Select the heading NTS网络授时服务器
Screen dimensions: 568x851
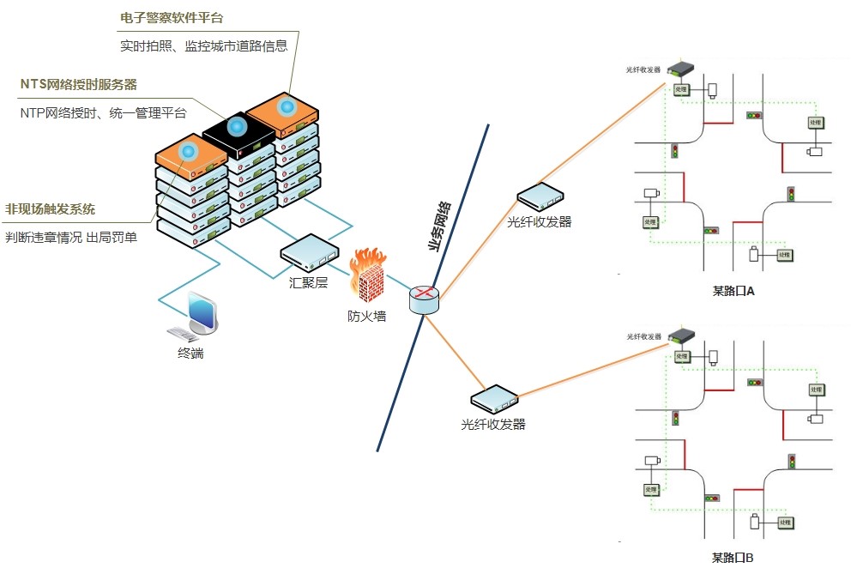(79, 84)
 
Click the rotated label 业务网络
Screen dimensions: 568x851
(439, 225)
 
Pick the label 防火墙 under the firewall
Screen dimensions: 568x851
(366, 316)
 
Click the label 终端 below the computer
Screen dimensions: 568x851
(190, 353)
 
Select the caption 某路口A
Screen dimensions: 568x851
(733, 291)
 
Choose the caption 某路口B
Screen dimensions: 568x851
(733, 558)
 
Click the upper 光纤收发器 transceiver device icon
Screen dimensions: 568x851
(540, 196)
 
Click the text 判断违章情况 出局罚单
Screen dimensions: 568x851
(71, 237)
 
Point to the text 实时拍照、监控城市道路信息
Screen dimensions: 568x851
(203, 45)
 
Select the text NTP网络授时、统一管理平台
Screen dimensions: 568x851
(103, 112)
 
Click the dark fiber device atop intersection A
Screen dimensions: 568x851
(682, 69)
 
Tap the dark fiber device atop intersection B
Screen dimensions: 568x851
(682, 335)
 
